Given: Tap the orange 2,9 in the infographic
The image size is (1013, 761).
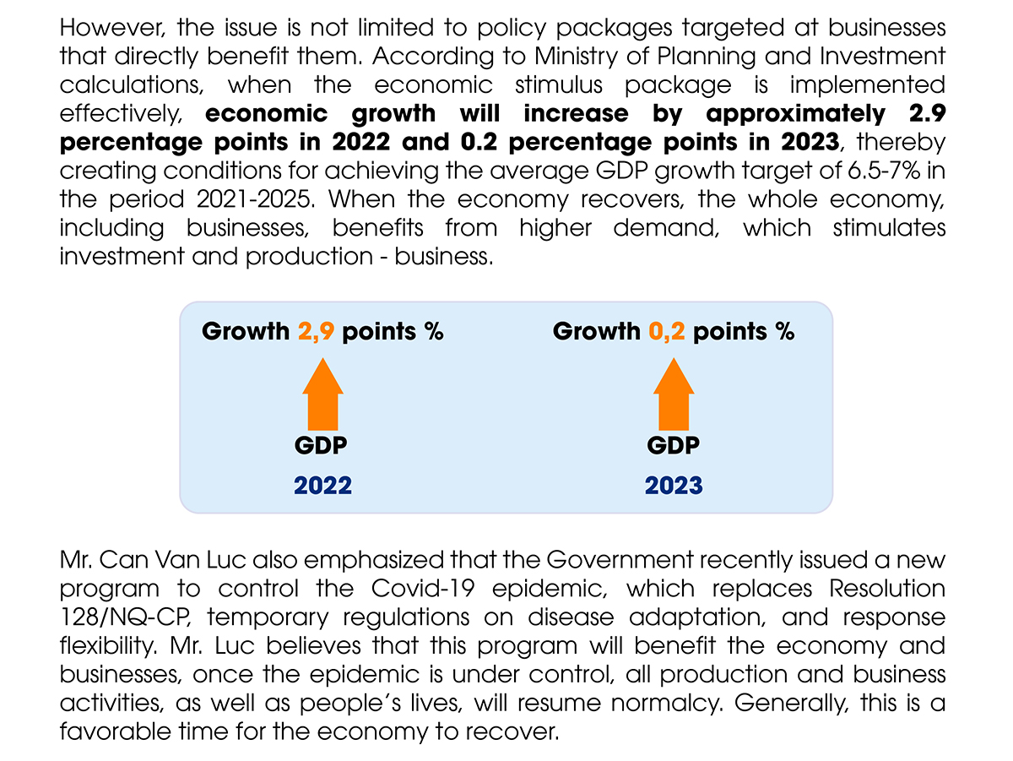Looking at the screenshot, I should (317, 331).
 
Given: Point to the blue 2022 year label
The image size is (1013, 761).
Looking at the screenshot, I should (322, 485).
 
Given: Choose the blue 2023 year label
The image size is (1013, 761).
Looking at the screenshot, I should (674, 485).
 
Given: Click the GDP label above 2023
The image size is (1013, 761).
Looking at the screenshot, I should (674, 445).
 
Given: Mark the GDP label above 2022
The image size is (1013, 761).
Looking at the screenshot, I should (322, 445).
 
